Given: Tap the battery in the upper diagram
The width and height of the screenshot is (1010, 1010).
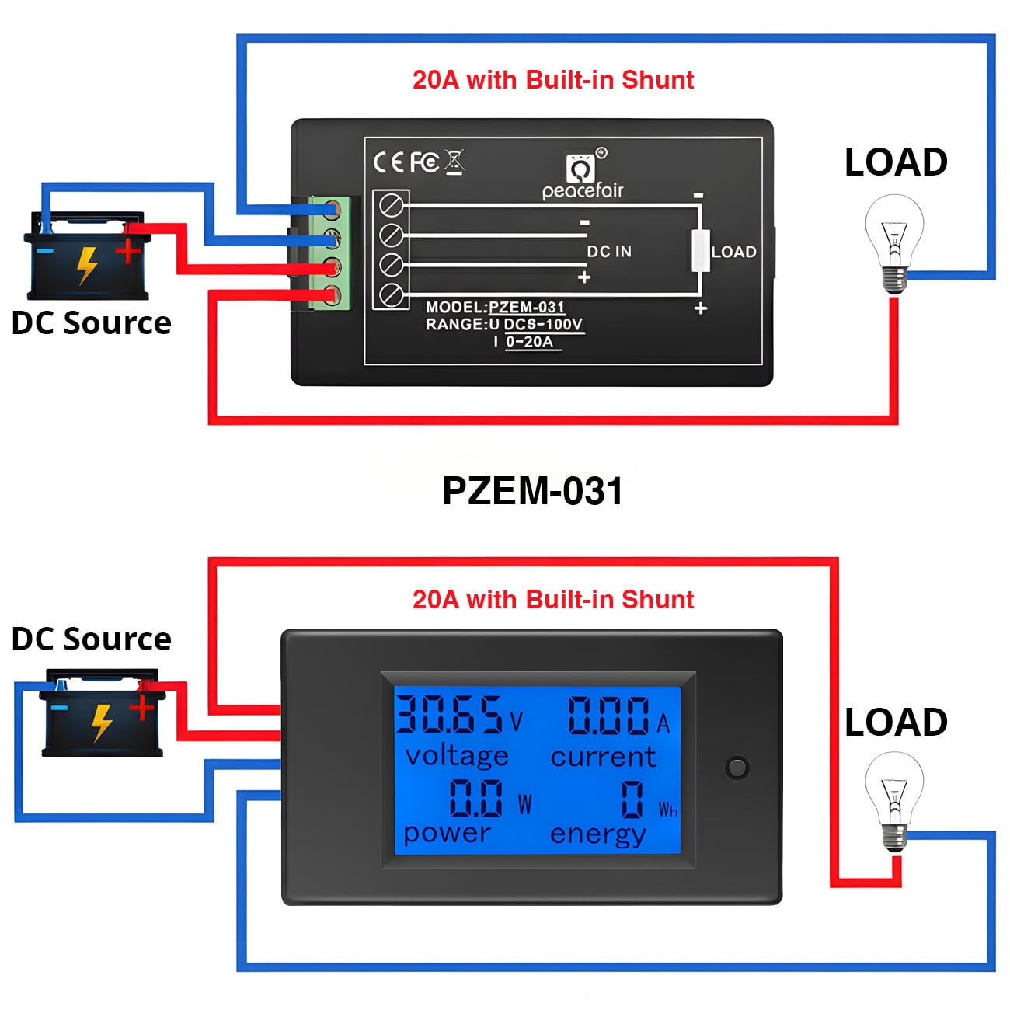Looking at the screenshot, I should coord(87,256).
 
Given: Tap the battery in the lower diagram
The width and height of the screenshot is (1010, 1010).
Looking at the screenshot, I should coord(102,712).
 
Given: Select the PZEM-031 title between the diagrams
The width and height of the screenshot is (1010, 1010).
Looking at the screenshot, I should coord(532,491).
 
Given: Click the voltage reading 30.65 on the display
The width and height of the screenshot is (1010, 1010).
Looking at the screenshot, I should coord(449,715).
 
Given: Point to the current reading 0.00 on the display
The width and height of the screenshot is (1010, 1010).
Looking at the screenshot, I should coord(608,716).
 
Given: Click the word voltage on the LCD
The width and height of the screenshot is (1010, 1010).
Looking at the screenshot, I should coord(457,755).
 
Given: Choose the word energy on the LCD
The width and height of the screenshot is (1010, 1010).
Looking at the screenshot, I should coord(597,834).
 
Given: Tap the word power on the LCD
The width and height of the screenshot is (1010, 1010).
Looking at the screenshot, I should coord(447,833).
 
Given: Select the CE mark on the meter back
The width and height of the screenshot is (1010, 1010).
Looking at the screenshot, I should coord(389,162).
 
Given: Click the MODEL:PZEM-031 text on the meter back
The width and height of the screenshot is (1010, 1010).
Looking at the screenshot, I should coord(495,307).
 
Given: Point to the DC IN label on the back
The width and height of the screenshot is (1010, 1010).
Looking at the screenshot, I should coord(609,252).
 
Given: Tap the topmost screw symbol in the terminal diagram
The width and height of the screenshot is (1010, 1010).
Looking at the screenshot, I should coord(391,206).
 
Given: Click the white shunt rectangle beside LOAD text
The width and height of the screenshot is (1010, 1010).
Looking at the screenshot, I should coord(701,250).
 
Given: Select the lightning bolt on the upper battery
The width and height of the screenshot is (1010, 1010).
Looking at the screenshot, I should coord(87,265).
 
